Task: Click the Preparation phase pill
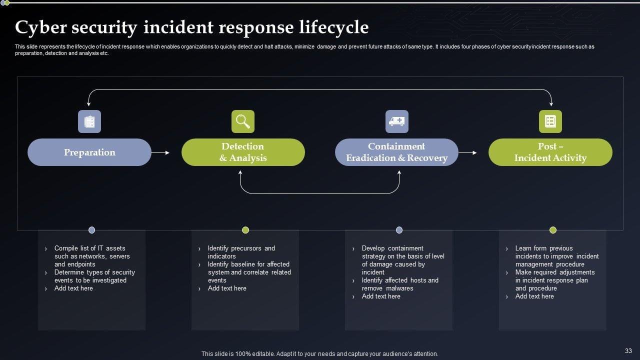click(x=89, y=152)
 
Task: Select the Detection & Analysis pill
click(x=243, y=152)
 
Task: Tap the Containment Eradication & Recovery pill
click(x=396, y=152)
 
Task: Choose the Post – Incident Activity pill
click(x=550, y=152)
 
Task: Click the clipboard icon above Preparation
click(x=89, y=121)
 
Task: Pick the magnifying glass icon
click(x=243, y=121)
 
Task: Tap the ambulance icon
click(x=397, y=121)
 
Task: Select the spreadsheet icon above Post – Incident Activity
click(x=550, y=121)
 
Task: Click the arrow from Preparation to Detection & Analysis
click(x=160, y=153)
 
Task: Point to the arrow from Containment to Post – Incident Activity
click(x=467, y=153)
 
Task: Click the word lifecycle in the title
click(x=334, y=27)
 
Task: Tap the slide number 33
click(x=628, y=351)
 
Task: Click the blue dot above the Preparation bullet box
click(x=91, y=230)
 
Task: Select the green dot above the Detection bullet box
click(x=245, y=230)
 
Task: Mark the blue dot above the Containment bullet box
click(x=399, y=230)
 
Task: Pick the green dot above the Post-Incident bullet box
click(x=553, y=230)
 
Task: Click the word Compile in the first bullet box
click(x=65, y=248)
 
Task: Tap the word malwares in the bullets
click(x=399, y=288)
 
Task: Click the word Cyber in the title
click(x=41, y=27)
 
